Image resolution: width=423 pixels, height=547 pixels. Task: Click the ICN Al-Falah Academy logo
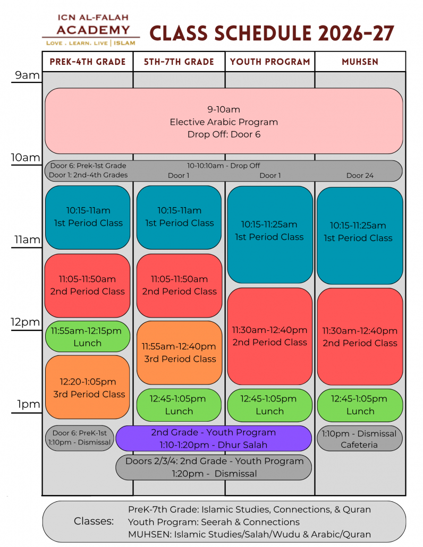coord(91,30)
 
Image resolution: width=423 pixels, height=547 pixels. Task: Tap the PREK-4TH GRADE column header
coord(88,62)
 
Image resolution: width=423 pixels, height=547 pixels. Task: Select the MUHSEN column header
coord(360,62)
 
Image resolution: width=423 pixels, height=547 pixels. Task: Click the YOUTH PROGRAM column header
coord(270,62)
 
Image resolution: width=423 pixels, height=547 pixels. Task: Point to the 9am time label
coord(27,75)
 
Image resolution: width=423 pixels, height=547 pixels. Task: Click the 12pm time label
coord(26,322)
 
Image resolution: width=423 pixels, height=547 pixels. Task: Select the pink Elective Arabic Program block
coord(224,121)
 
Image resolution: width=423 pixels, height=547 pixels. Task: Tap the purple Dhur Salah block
coord(214,438)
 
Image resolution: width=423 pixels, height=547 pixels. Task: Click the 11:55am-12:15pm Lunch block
coord(88,337)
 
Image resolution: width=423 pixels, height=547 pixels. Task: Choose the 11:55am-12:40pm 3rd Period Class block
coord(180,353)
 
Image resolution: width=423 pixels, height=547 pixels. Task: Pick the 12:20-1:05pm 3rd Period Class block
coord(88,387)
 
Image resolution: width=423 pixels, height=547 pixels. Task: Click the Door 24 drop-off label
coord(360,175)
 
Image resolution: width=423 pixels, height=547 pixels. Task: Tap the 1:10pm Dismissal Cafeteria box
coord(359,439)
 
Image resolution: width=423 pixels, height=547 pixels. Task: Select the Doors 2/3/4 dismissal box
coord(214,467)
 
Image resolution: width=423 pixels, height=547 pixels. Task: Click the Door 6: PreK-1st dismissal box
coord(80,438)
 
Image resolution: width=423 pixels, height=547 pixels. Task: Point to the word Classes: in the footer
coord(94,521)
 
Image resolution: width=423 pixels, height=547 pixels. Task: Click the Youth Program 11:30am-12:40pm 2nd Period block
coord(270,336)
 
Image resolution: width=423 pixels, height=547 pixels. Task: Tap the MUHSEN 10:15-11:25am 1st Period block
coord(360,236)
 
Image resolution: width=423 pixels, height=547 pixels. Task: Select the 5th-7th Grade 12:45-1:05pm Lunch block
coord(179,405)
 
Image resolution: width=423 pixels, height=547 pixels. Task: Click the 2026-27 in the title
coord(357,33)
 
